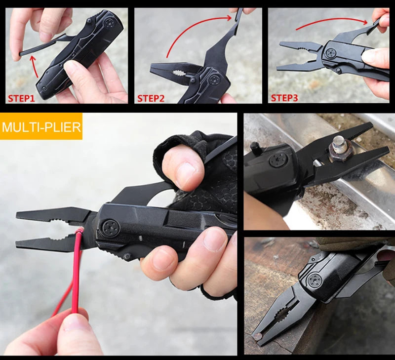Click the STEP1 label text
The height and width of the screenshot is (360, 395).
(21, 98)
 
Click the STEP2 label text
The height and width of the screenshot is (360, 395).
(151, 98)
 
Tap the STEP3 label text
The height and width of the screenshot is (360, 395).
(285, 98)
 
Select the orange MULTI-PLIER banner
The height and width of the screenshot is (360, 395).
(41, 127)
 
